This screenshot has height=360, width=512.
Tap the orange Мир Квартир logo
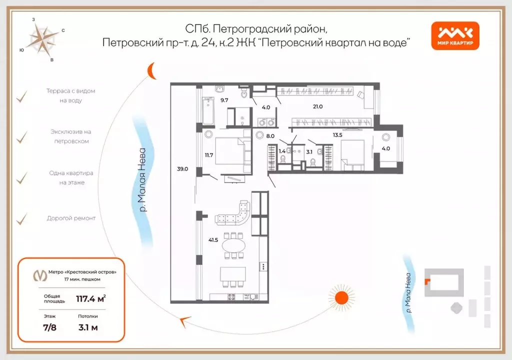pos(455,36)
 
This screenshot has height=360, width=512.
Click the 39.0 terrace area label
pos(182,169)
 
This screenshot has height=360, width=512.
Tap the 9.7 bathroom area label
pos(223,100)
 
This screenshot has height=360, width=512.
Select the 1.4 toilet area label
pos(281,151)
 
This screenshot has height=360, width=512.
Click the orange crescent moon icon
pos(150,72)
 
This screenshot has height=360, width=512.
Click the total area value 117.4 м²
pos(90,299)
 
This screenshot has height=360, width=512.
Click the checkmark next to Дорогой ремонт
pos(21,218)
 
